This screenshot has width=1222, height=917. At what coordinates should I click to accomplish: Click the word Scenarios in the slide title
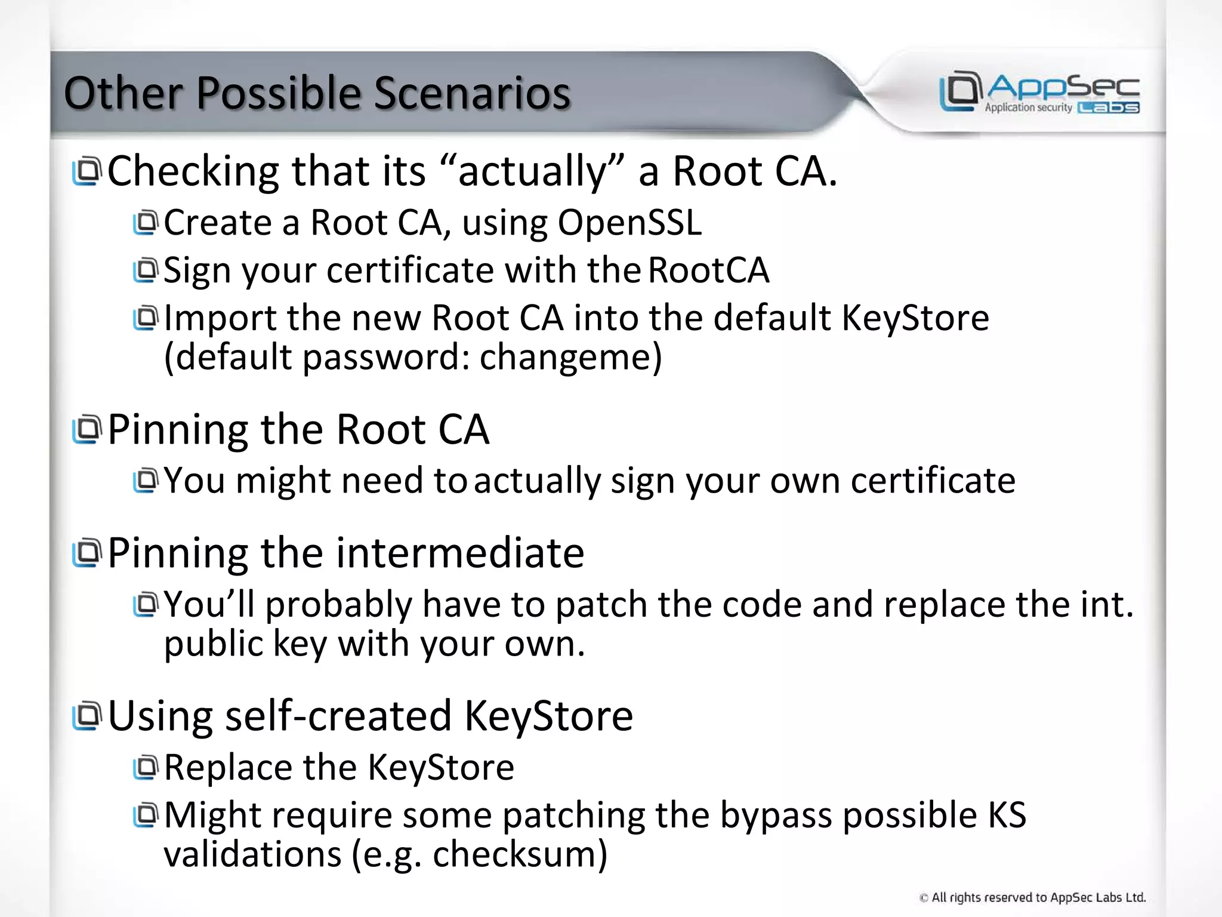click(x=471, y=94)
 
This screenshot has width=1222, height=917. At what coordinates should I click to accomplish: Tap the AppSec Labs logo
click(x=1039, y=93)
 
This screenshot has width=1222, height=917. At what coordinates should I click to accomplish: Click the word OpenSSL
click(x=629, y=223)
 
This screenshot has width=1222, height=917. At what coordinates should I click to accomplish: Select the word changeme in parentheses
click(x=567, y=357)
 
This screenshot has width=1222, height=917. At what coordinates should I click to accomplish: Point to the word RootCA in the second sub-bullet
click(x=708, y=270)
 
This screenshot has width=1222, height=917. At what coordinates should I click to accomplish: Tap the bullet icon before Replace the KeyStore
click(x=145, y=768)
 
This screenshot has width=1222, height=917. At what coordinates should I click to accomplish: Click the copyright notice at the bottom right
click(x=1032, y=897)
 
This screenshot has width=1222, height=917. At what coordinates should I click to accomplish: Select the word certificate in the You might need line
click(x=933, y=481)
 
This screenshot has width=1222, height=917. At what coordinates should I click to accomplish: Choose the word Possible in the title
click(x=279, y=94)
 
